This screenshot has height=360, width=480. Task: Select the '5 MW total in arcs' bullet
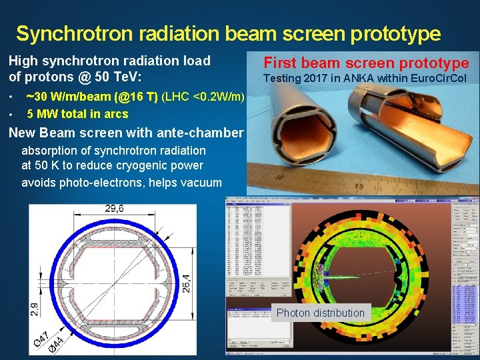77,114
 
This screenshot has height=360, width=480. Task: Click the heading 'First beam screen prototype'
366,63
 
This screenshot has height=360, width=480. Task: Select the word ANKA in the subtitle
359,79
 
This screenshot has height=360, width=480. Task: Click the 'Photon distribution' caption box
321,313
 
